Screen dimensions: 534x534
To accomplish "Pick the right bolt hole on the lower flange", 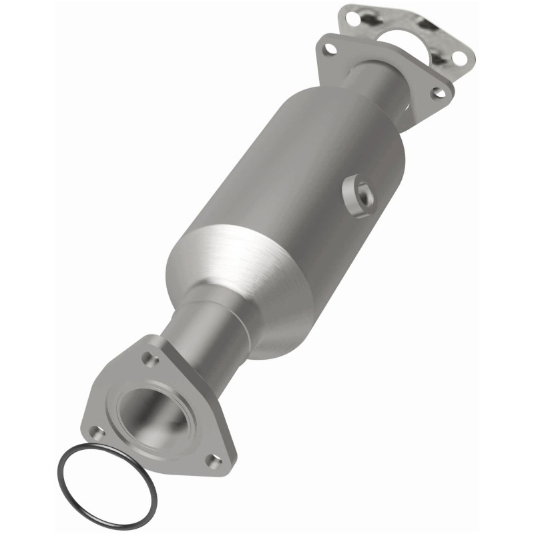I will coord(214,460).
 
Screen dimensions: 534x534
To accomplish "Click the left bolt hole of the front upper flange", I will coord(328,49).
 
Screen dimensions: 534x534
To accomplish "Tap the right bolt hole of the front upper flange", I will coord(438,93).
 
